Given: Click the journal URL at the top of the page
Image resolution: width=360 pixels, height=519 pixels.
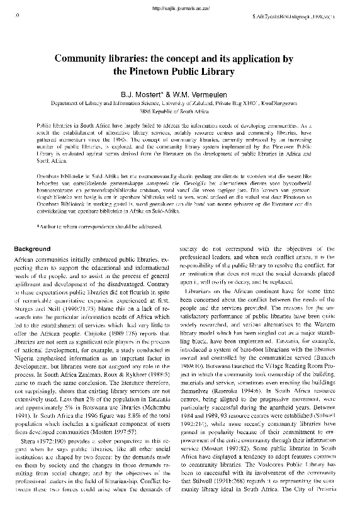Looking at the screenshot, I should coord(179,8).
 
